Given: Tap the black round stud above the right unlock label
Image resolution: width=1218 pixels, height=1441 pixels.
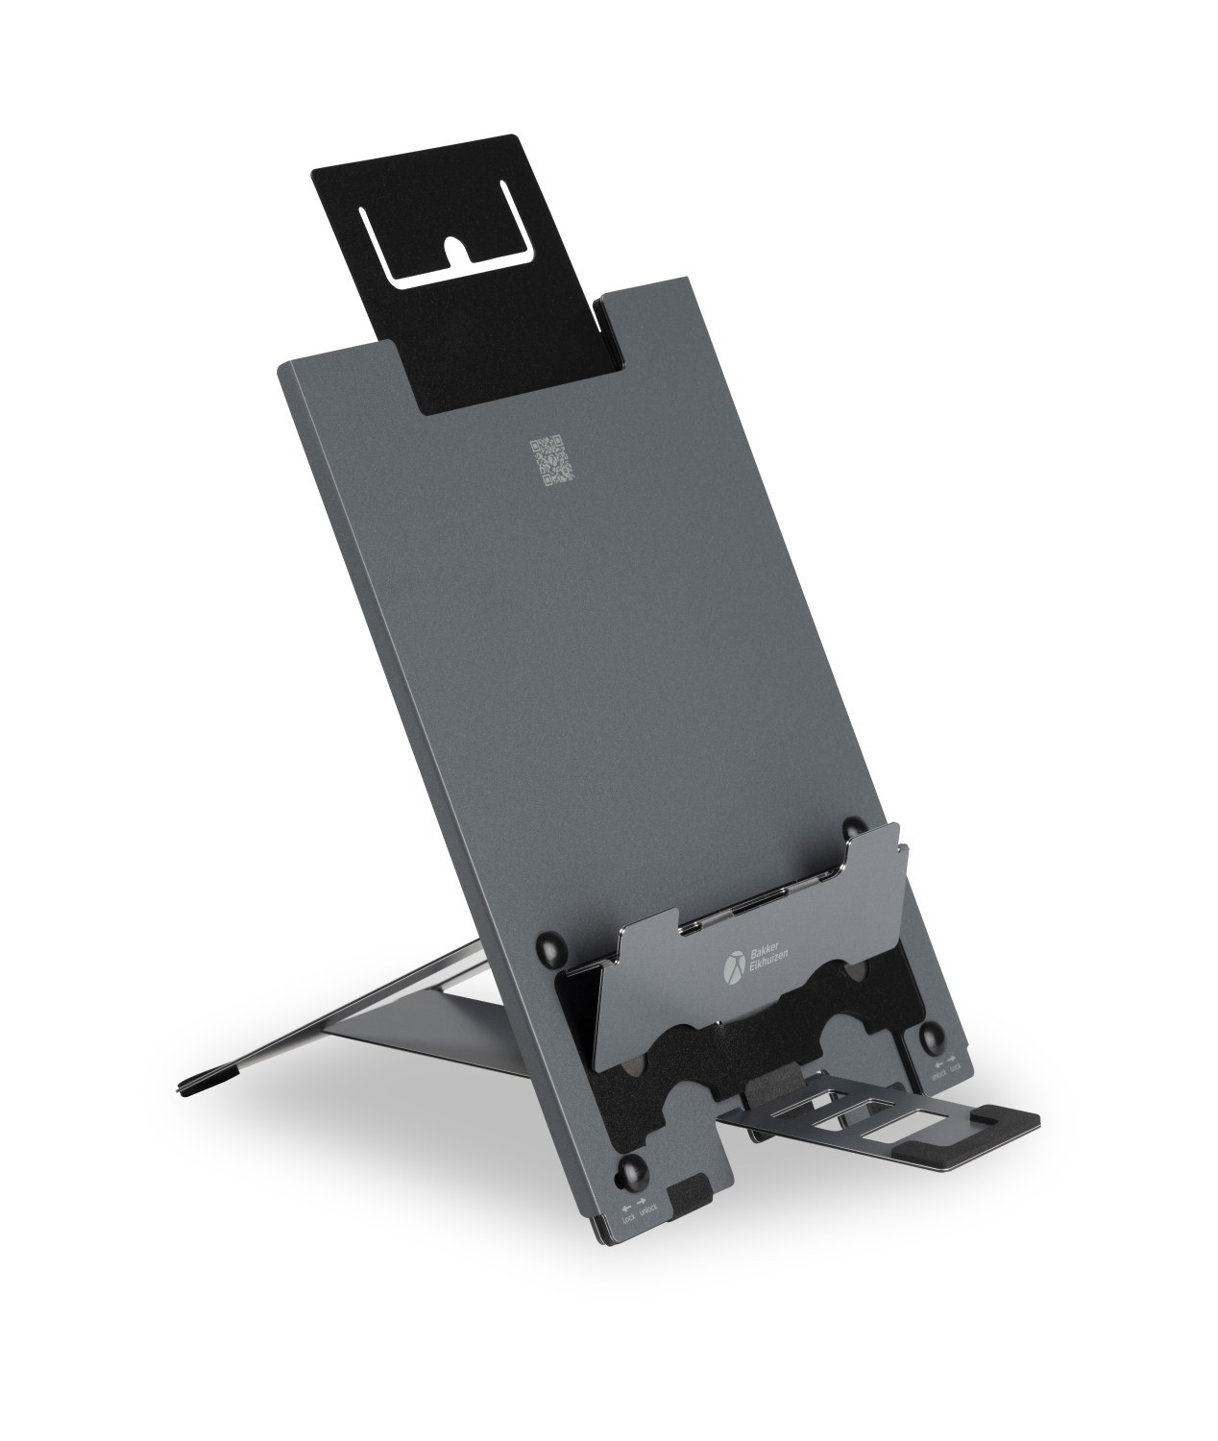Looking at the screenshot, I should tap(931, 1037).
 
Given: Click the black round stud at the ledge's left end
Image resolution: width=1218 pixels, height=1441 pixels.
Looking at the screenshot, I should tap(554, 952).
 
